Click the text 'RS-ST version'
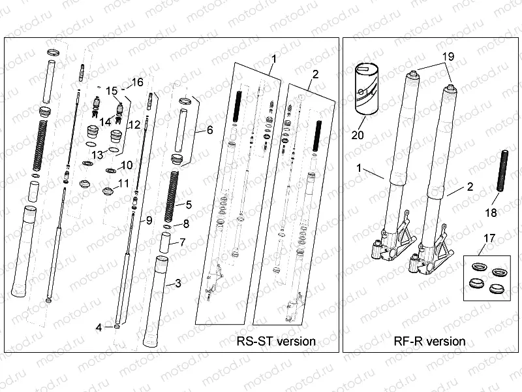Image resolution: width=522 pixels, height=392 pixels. tap(277, 341)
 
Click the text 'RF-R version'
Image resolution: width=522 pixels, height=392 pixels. tap(430, 341)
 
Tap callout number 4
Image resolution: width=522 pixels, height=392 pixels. tap(99, 327)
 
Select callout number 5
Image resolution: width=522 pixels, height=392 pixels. tap(189, 204)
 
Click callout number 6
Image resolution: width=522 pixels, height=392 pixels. tap(209, 130)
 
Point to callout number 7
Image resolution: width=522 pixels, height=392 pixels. tap(183, 242)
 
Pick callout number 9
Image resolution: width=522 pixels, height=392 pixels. tap(149, 219)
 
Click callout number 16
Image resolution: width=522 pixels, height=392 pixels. tap(137, 82)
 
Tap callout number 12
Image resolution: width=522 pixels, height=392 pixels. tap(134, 124)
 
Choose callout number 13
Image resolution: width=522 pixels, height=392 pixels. tap(97, 154)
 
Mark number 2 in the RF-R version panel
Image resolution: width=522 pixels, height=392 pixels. tap(469, 187)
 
